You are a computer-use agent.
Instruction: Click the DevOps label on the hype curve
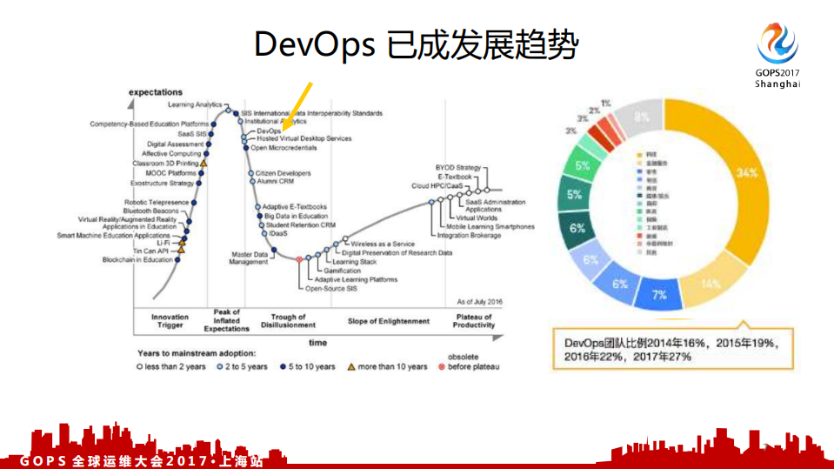(269, 131)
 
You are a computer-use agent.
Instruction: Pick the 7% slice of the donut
(660, 295)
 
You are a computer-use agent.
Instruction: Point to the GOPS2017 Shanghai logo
(777, 54)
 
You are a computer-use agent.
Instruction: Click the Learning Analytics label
(195, 105)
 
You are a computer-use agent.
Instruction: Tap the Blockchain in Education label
(137, 260)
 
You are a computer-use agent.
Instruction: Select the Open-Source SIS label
(331, 288)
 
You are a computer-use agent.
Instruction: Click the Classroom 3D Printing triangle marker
(203, 163)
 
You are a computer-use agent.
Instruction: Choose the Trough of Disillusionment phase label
(289, 322)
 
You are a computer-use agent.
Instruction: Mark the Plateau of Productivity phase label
(474, 322)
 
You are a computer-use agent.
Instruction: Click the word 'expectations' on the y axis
(156, 91)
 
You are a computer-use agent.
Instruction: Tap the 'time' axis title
(317, 343)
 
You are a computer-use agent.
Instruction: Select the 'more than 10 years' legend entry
(388, 367)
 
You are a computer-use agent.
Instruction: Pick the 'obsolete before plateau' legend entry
(470, 363)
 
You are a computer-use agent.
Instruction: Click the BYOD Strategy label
(457, 167)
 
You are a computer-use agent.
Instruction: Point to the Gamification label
(343, 271)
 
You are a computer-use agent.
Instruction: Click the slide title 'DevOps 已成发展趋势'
(416, 44)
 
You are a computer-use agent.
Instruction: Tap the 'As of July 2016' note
(480, 300)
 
